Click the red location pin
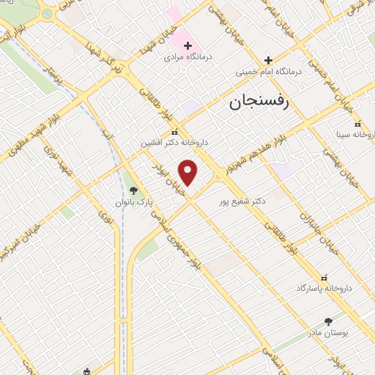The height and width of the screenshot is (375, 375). [188, 172]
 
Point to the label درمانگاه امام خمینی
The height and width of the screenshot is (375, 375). [267, 72]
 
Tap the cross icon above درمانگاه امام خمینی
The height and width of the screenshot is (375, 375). [268, 60]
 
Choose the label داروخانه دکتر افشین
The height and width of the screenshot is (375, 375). [174, 144]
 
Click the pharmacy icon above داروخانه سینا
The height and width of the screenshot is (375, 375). [357, 125]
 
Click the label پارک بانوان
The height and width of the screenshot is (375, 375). [130, 201]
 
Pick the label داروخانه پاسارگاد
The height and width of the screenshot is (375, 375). [323, 288]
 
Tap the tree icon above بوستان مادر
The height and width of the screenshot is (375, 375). [327, 321]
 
